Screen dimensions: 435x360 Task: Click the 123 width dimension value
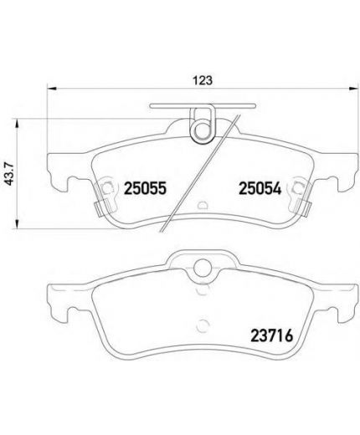(202, 80)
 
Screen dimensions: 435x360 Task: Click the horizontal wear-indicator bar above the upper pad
(202, 106)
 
